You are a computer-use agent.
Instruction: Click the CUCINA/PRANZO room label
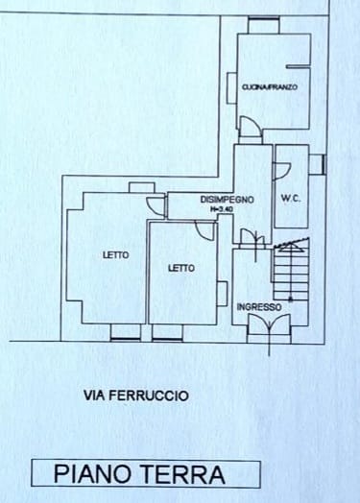pos(270,87)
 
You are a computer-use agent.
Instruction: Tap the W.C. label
pos(291,199)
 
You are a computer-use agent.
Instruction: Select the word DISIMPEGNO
pos(227,200)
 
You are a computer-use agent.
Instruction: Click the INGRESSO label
pos(259,307)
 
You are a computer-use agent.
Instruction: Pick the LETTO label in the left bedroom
pos(116,255)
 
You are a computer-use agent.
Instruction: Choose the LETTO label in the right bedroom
pos(181,268)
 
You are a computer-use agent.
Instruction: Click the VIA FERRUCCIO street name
pos(136,395)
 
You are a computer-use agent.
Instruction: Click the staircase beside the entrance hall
pos(291,270)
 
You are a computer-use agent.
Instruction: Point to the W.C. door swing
pos(282,171)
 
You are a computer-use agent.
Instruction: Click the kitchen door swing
pos(251,126)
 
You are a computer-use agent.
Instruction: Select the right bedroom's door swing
pos(204,229)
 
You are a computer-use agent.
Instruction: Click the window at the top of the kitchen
pos(264,25)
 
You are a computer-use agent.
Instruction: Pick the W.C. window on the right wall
pos(319,164)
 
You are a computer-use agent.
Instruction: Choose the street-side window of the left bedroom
pos(126,332)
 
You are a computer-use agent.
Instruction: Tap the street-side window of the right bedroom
pos(167,332)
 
